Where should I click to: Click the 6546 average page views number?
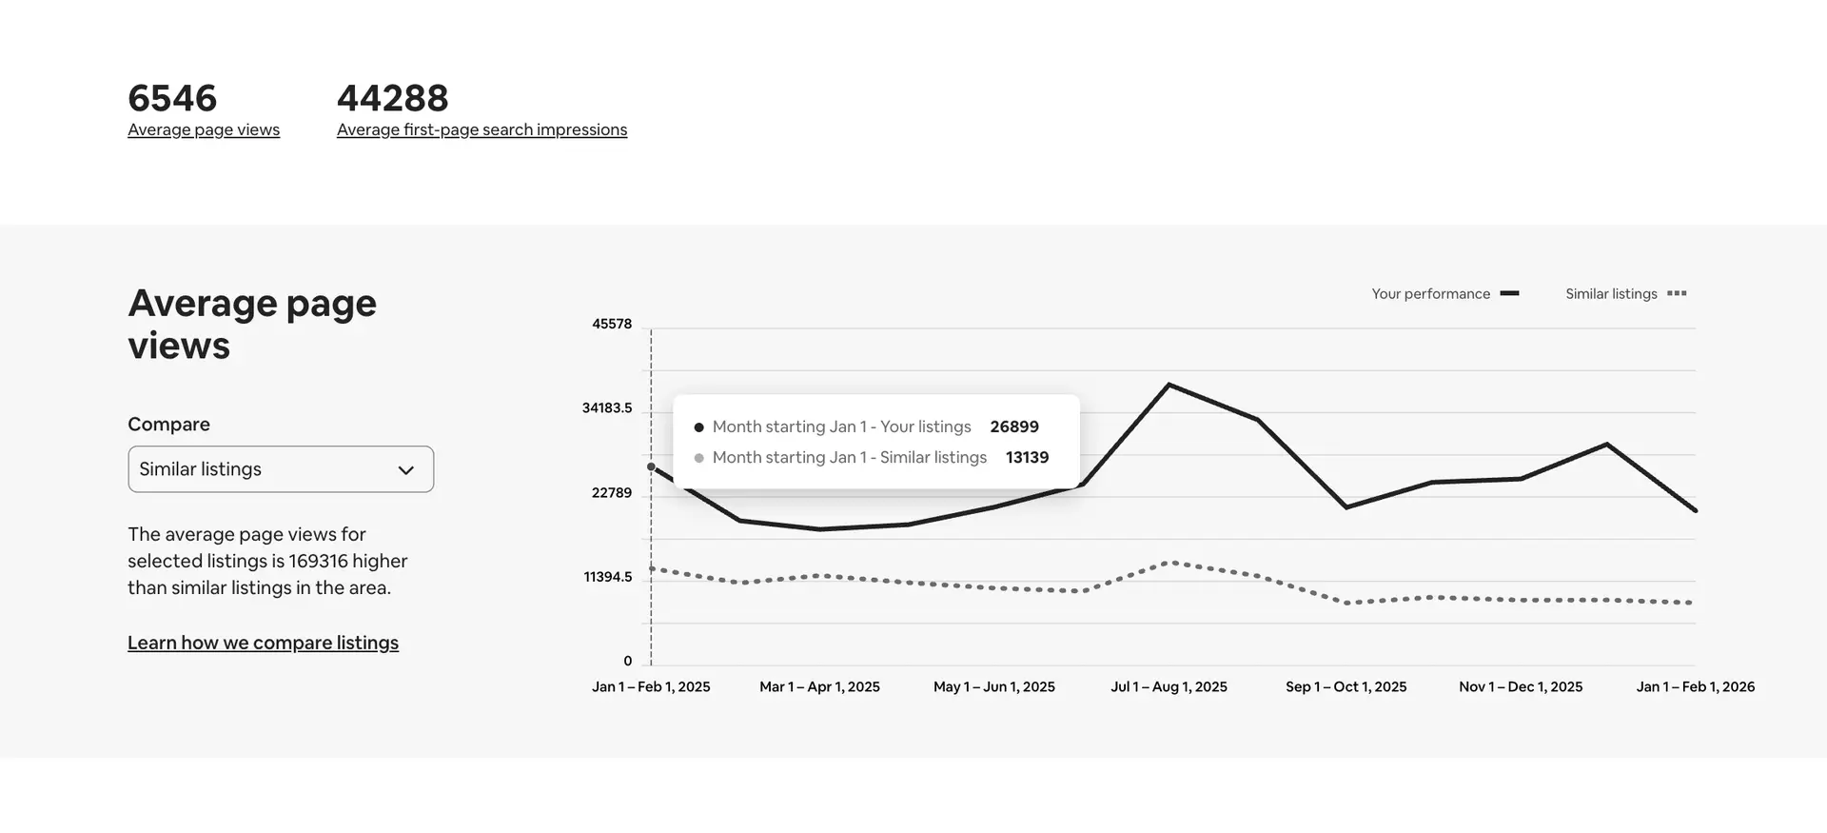pyautogui.click(x=172, y=98)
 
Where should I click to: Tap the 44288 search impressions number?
pyautogui.click(x=392, y=98)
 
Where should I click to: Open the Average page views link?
pyautogui.click(x=204, y=129)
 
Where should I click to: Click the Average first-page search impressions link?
pyautogui.click(x=481, y=129)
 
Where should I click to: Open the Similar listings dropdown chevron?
pyautogui.click(x=406, y=470)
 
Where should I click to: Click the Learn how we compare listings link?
pyautogui.click(x=263, y=643)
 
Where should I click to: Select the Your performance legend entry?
pyautogui.click(x=1444, y=294)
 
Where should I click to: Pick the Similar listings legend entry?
pyautogui.click(x=1625, y=294)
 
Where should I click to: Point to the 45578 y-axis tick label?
pyautogui.click(x=612, y=324)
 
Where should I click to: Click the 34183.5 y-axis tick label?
pyautogui.click(x=607, y=408)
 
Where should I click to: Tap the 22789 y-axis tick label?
pyautogui.click(x=612, y=493)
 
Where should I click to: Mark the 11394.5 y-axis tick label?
pyautogui.click(x=608, y=577)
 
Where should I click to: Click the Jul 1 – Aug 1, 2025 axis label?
pyautogui.click(x=1169, y=686)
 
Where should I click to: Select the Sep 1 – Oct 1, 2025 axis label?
pyautogui.click(x=1346, y=686)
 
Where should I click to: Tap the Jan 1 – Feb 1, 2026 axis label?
pyautogui.click(x=1695, y=686)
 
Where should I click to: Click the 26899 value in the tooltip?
pyautogui.click(x=1014, y=426)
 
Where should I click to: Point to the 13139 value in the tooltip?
pyautogui.click(x=1027, y=457)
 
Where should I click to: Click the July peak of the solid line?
pyautogui.click(x=1169, y=385)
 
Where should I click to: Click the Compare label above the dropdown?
pyautogui.click(x=168, y=425)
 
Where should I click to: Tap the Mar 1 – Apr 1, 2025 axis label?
pyautogui.click(x=819, y=686)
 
